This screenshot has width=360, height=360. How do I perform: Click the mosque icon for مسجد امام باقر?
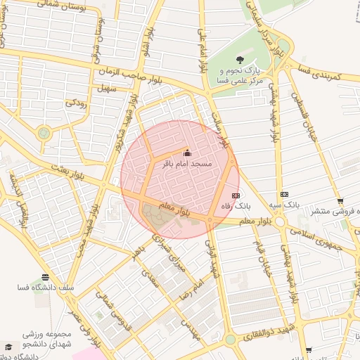(x=186, y=153)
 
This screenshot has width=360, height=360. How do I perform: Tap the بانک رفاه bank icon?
(x=236, y=195)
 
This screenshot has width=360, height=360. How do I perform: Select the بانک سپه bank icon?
(x=284, y=194)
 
